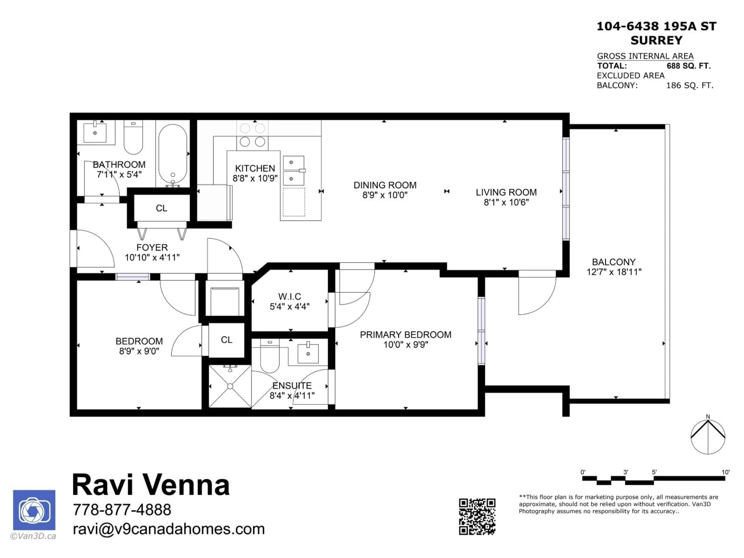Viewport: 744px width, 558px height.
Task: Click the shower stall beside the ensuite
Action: point(230,386)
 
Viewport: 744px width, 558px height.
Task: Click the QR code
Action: point(477,517)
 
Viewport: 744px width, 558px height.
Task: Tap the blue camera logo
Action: point(34,510)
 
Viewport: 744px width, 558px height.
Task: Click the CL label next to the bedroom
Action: point(226,340)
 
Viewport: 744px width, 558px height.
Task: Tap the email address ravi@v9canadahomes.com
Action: point(169,529)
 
